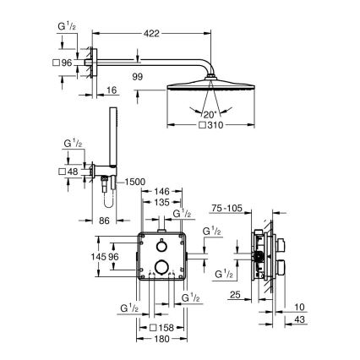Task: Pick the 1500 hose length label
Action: tap(135, 183)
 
